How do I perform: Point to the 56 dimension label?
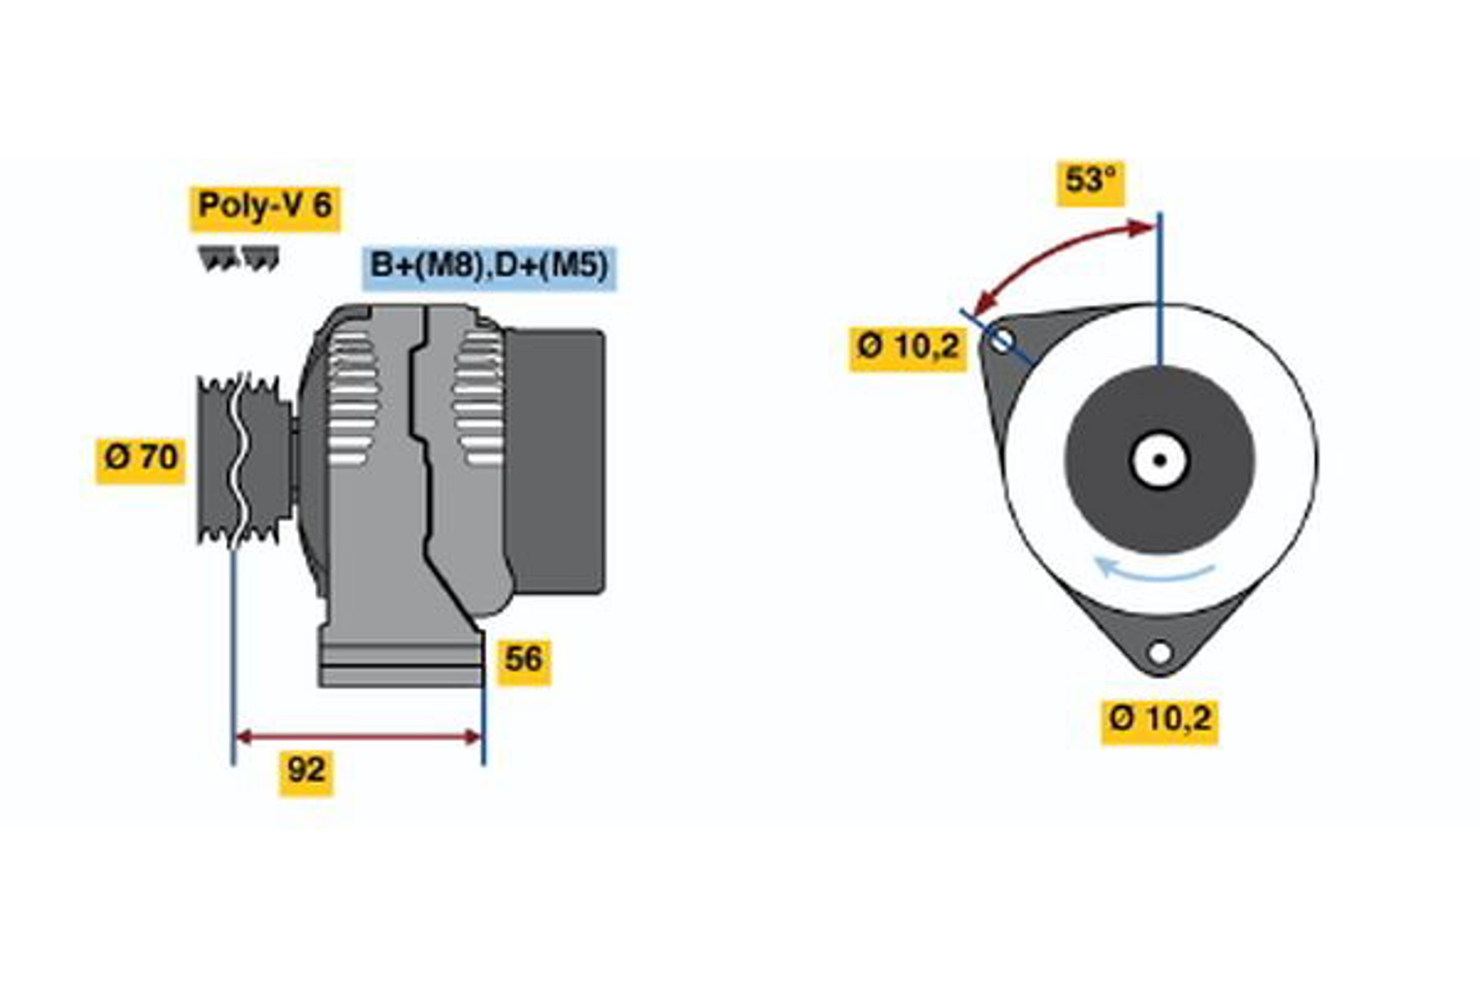(x=524, y=659)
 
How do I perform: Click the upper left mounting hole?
(x=1001, y=342)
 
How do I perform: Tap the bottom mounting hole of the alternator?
(x=1160, y=653)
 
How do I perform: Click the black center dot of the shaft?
(x=1160, y=460)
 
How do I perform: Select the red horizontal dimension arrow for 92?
(x=358, y=737)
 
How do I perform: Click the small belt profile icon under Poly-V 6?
(x=239, y=258)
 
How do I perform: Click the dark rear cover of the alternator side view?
(x=554, y=461)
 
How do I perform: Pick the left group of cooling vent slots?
(x=353, y=399)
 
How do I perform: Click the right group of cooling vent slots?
(x=479, y=399)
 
